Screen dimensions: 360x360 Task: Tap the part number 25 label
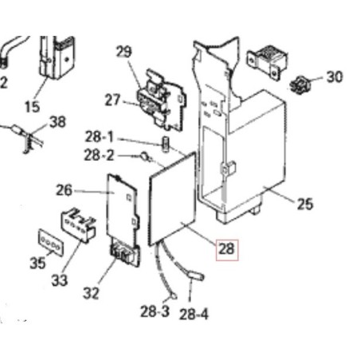point(305,204)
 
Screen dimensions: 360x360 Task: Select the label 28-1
point(100,137)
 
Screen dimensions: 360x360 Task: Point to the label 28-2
point(99,155)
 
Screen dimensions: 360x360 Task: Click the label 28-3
point(155,311)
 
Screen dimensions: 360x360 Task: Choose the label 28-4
point(194,314)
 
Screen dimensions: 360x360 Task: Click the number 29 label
point(123,52)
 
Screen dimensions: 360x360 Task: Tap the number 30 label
point(335,77)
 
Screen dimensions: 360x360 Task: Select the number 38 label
point(57,122)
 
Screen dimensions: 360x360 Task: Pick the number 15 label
point(32,107)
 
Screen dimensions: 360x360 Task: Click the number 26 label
point(64,190)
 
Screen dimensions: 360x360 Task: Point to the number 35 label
point(37,263)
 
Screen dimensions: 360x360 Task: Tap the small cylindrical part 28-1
point(165,144)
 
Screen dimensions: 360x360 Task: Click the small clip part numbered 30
point(300,84)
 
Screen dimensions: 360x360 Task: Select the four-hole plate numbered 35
point(51,242)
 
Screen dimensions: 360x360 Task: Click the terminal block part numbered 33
point(78,225)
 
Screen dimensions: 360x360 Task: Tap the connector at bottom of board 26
point(125,254)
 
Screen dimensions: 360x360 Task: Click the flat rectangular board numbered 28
point(173,199)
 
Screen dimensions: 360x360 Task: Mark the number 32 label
point(91,293)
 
